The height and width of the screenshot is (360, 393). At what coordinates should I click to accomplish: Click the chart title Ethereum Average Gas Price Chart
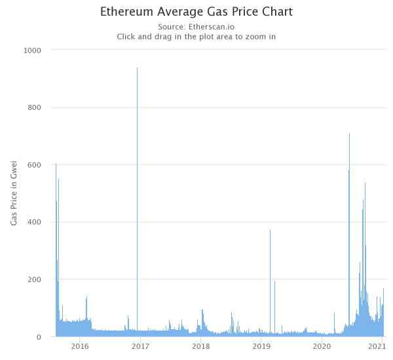[196, 12]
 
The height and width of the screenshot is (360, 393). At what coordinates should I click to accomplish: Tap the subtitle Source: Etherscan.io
[196, 27]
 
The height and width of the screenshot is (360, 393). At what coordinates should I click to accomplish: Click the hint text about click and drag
[196, 37]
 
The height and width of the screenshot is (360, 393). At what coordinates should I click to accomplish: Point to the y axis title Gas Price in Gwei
[14, 193]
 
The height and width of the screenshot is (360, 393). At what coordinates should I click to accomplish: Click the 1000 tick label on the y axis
[32, 50]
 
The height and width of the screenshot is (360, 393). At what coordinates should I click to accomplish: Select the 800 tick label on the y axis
[34, 108]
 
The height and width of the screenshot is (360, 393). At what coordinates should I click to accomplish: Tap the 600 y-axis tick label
[34, 165]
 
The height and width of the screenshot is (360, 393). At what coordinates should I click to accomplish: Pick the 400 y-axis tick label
[34, 222]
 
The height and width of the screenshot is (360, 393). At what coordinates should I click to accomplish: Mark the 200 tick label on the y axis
[34, 279]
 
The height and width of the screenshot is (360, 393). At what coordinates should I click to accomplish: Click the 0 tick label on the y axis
[39, 337]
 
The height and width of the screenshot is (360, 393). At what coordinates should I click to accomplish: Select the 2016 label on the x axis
[80, 346]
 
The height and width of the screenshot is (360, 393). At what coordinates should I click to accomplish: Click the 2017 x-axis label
[140, 346]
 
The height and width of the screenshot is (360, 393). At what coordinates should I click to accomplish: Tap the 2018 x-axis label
[201, 346]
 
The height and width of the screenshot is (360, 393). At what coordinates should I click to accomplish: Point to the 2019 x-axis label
[261, 346]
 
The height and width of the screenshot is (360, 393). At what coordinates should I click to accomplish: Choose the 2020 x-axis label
[322, 346]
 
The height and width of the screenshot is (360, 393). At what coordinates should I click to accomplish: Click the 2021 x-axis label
[377, 346]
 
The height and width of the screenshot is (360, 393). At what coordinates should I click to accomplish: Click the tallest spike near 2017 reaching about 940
[137, 202]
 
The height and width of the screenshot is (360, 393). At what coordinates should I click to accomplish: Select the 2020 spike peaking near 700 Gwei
[349, 235]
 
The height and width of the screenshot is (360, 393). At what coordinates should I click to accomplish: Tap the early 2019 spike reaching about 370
[270, 283]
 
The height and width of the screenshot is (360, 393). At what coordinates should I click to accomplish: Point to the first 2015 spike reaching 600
[56, 250]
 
